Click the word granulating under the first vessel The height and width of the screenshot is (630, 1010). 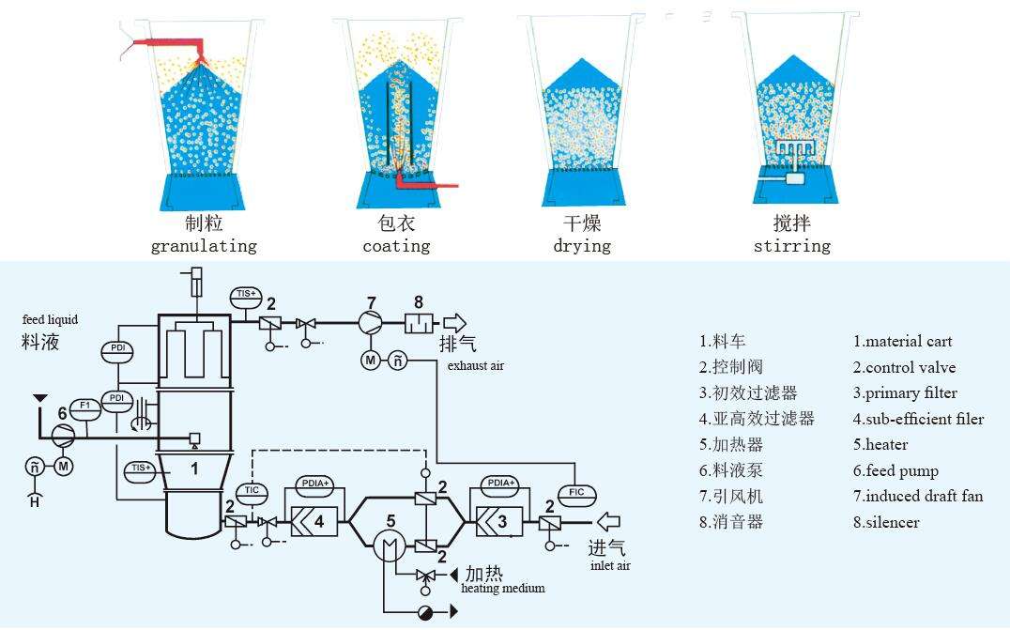coord(204,246)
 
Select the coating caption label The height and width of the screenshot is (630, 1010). coord(396,246)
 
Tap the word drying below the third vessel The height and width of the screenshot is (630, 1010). coord(582,246)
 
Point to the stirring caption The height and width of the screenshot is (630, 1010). coord(791,246)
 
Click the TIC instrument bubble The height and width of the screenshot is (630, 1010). coord(252,491)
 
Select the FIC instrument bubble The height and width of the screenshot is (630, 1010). coord(576,493)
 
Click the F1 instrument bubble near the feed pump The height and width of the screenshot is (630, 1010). coord(85,407)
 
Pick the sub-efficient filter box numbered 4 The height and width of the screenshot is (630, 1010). coord(314,521)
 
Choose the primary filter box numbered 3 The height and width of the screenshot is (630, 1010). coord(499,521)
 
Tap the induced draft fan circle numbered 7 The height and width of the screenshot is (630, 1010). coord(371,323)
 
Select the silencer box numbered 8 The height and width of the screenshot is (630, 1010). coord(420,323)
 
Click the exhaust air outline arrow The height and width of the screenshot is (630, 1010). coord(454,323)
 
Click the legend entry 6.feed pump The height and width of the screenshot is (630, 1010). coord(896,471)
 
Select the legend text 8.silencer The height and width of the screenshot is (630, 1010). coord(886,522)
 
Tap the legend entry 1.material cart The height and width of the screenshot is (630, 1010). coord(902,342)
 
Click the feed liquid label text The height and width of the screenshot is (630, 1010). coord(51,319)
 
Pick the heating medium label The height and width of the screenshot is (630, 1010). coord(503,588)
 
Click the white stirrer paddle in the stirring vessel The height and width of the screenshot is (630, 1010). coord(793,151)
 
